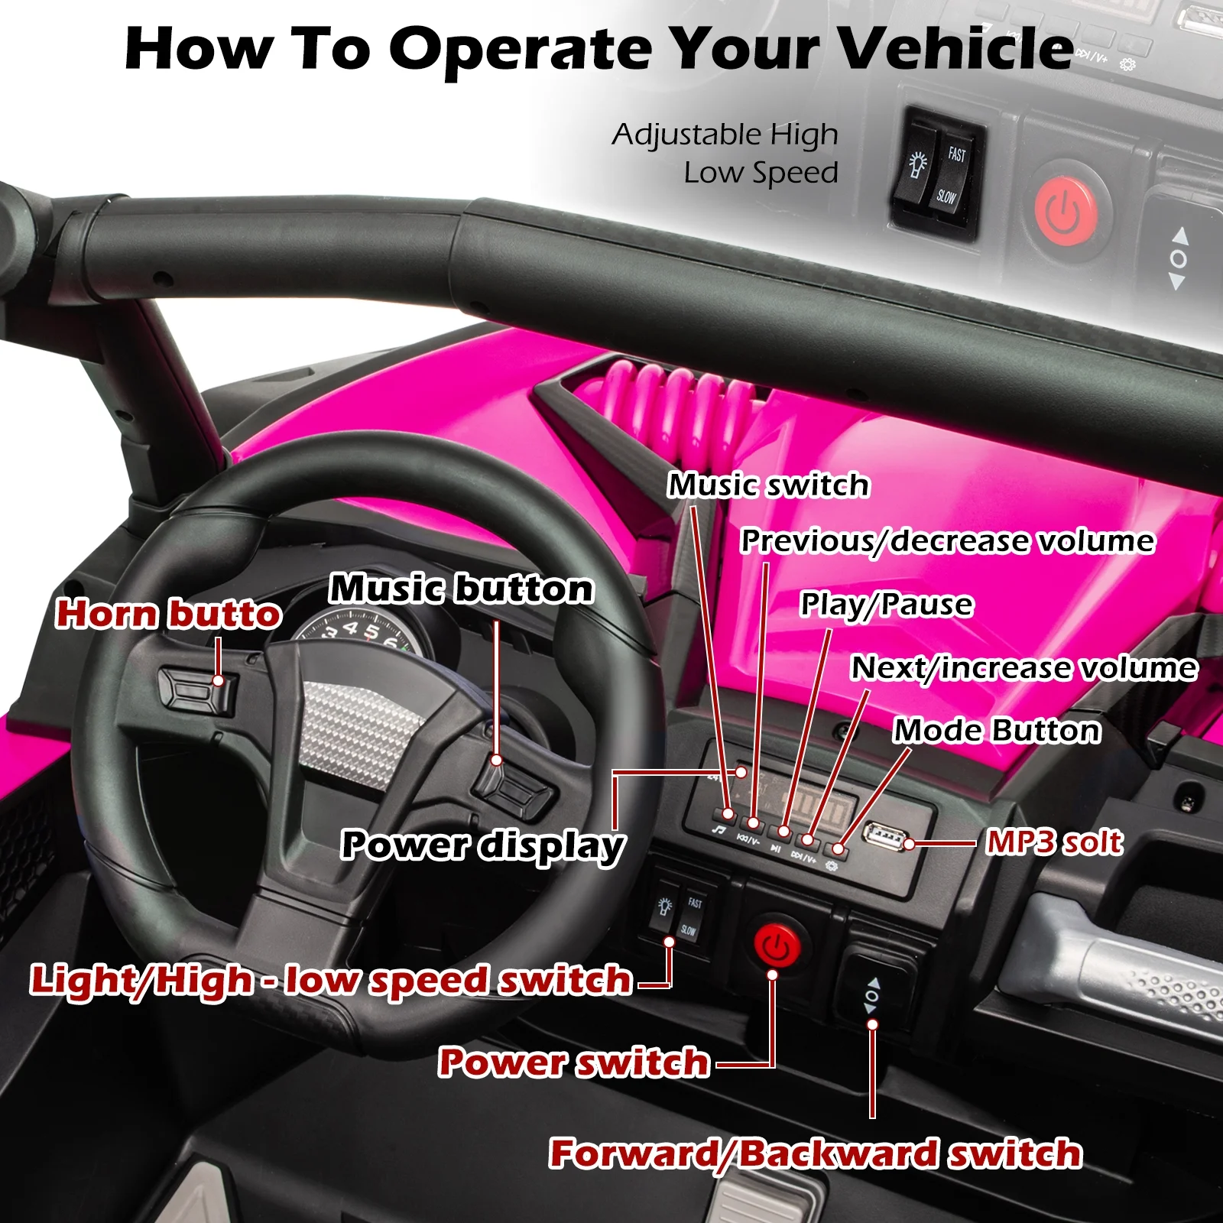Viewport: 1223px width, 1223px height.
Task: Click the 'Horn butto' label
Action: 169,615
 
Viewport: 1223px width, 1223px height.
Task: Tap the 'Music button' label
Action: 461,589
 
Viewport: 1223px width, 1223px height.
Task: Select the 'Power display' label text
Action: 483,845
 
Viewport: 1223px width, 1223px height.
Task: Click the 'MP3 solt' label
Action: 1055,842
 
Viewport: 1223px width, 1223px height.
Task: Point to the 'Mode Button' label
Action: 997,731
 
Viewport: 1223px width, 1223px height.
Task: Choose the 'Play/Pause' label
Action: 887,605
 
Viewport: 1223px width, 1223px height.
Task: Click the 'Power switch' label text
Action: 574,1062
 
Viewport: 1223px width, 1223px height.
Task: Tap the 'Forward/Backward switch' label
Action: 816,1153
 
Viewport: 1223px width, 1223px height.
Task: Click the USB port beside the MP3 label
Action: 884,838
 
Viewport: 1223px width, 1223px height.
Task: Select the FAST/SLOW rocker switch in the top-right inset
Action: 939,175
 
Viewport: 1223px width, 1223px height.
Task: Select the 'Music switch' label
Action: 769,485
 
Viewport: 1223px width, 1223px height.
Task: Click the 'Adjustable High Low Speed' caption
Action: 725,154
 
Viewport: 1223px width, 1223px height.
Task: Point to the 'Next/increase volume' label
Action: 1024,668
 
